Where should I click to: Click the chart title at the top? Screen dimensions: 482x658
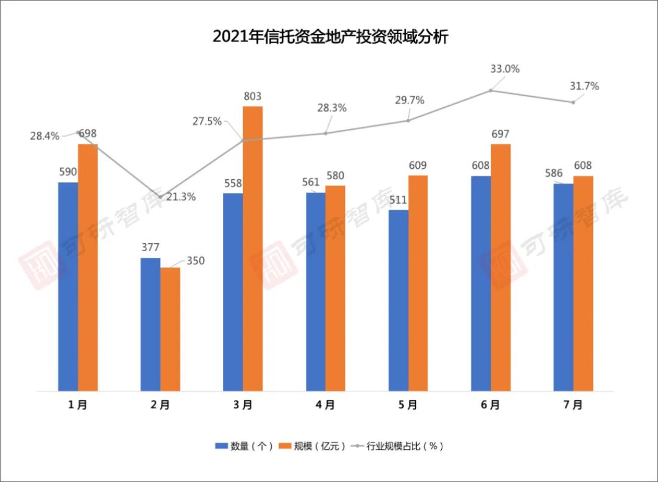pos(330,37)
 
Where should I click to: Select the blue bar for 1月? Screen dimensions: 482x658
pos(68,286)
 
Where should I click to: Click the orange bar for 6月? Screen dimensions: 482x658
pos(501,268)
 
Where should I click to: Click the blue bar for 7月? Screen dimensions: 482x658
pos(564,287)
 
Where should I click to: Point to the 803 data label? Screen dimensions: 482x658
pos(252,96)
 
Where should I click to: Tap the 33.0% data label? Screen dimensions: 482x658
pos(505,69)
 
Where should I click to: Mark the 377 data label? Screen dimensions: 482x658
pos(150,247)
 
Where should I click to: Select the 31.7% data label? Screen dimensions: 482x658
pos(584,87)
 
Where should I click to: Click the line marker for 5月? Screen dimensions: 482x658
pos(408,121)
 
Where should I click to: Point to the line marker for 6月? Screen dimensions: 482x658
pos(490,91)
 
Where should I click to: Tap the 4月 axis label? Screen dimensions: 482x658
pos(325,405)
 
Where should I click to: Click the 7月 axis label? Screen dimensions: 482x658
pos(573,405)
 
